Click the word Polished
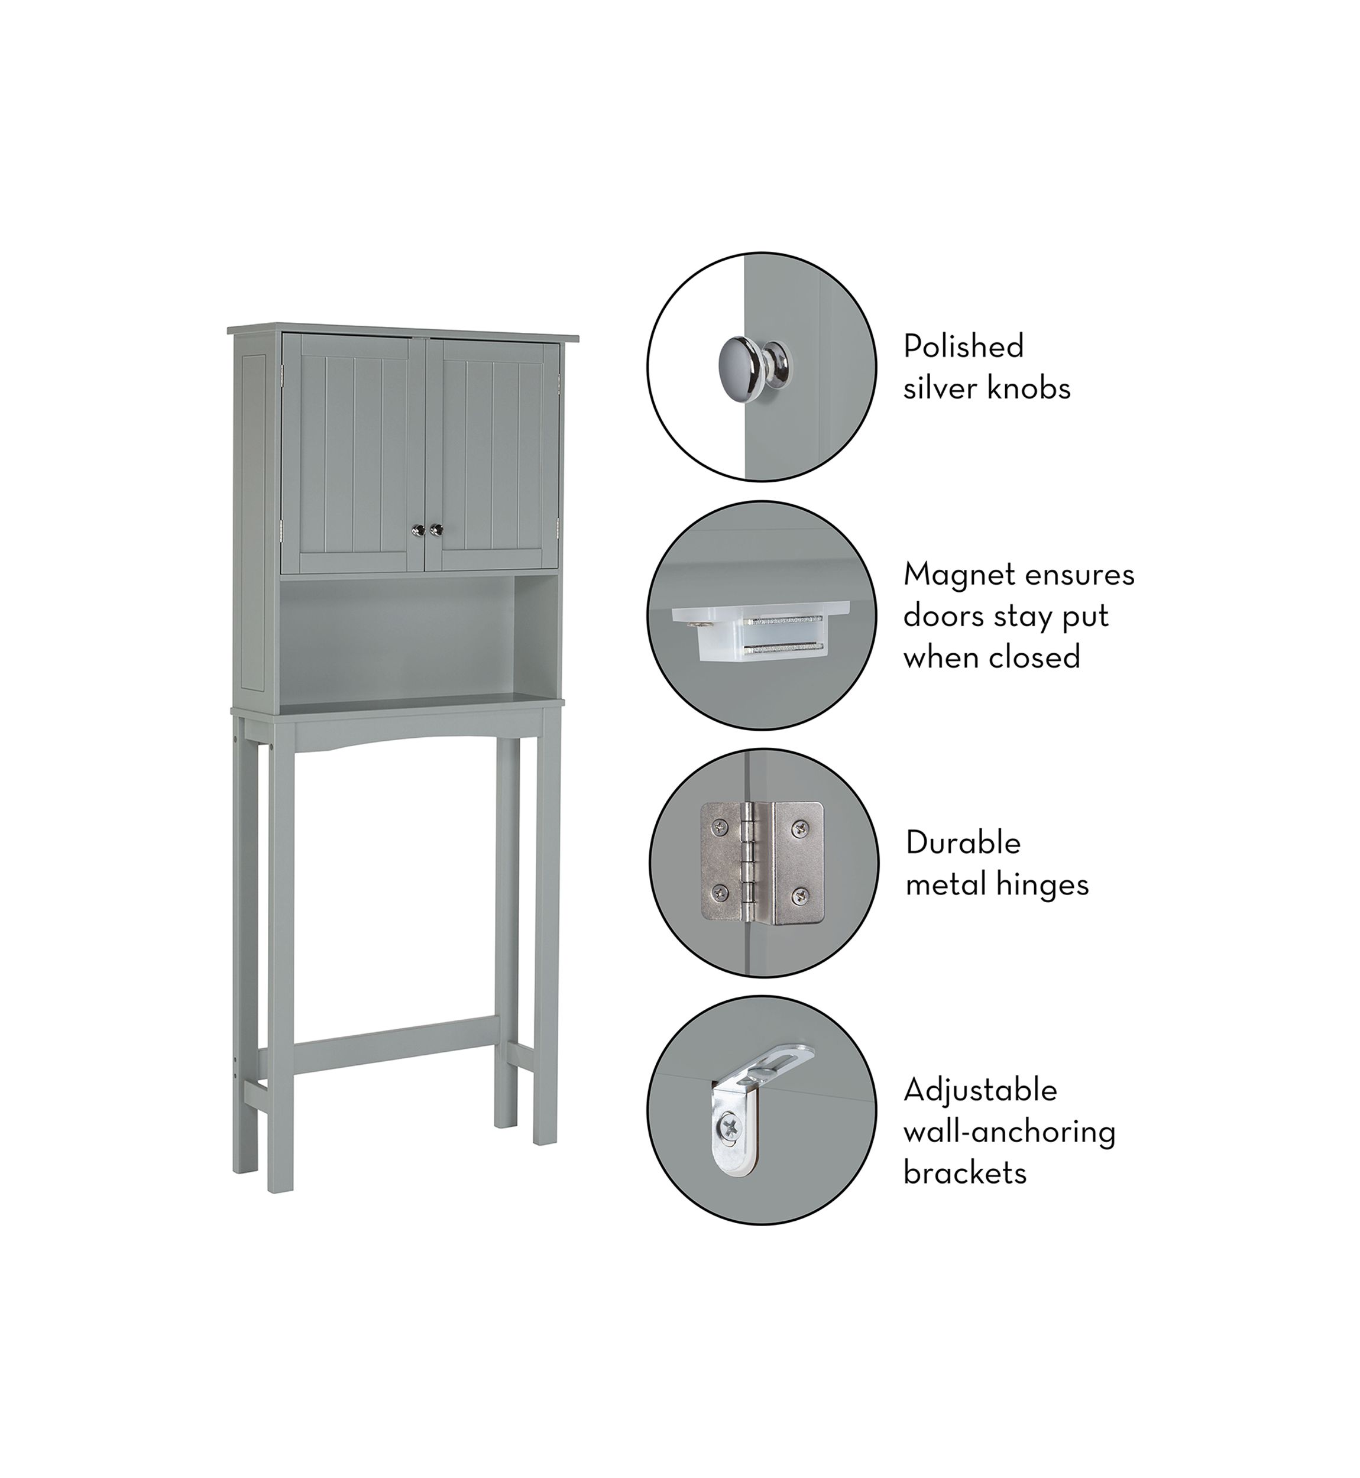click(x=963, y=346)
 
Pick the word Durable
click(x=963, y=842)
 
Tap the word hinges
click(x=1044, y=885)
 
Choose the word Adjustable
click(x=980, y=1090)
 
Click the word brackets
click(x=965, y=1174)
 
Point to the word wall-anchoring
click(x=1010, y=1133)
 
